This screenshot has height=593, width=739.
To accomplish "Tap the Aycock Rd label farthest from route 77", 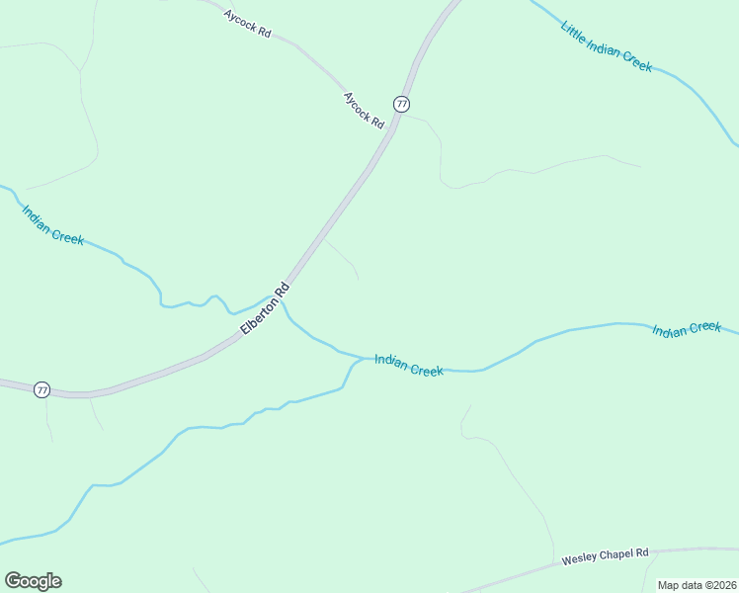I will pos(247,24).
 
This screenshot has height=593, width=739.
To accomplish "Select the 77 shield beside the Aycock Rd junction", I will pos(401,104).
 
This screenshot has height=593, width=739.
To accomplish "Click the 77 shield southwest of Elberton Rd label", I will pos(41,389).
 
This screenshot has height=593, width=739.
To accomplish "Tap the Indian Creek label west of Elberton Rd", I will pos(52,225).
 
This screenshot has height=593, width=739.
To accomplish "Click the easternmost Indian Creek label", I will pos(687,328).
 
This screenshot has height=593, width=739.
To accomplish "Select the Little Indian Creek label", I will pos(607,45).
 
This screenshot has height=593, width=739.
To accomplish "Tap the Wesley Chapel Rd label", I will pos(605,557).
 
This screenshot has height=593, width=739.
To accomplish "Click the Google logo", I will pos(33,581).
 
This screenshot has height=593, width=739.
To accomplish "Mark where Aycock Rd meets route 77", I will pos(393,125).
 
